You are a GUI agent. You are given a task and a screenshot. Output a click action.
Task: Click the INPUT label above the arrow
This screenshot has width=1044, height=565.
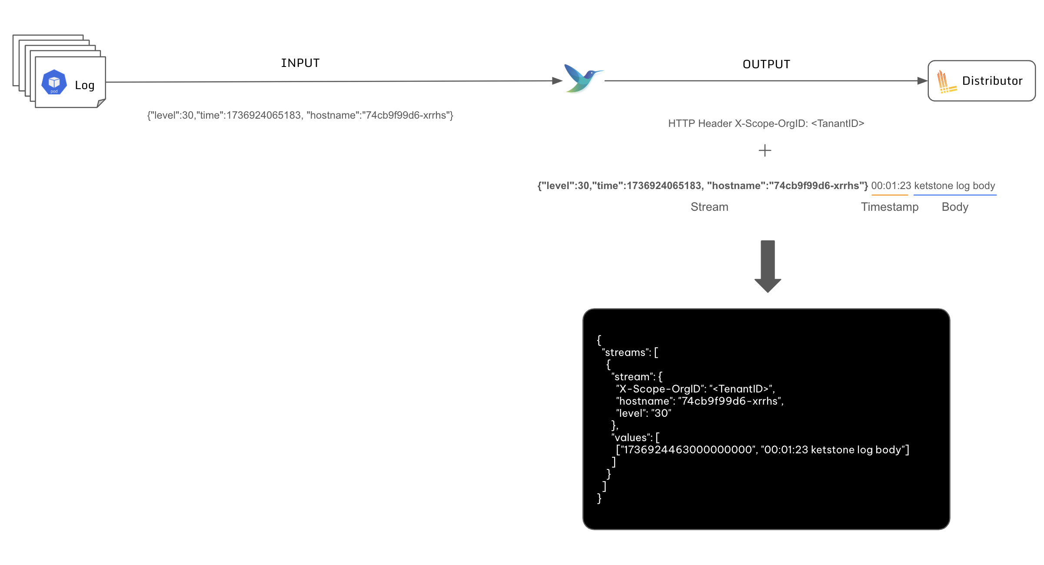pos(300,63)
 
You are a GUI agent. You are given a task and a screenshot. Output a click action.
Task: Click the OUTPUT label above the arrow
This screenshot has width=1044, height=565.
pos(766,64)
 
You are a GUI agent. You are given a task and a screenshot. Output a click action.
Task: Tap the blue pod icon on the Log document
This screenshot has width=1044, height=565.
pos(54,82)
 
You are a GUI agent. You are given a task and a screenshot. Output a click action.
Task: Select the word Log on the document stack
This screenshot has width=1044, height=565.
pos(85,85)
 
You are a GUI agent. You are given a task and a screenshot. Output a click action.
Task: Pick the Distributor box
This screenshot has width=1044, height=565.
pos(981,81)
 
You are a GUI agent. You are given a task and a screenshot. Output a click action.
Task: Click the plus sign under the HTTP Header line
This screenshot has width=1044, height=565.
pos(765,151)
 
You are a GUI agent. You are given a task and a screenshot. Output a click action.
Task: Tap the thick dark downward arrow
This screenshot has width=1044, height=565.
pos(768,266)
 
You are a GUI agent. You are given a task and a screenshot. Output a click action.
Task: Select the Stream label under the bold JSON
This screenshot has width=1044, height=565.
pos(709,207)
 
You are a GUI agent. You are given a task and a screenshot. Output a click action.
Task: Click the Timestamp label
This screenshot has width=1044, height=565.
pos(890,207)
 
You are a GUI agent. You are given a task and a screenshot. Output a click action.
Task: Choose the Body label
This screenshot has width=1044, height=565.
pos(955,207)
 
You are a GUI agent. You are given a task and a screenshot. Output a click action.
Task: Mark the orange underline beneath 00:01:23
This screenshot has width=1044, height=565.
pos(890,195)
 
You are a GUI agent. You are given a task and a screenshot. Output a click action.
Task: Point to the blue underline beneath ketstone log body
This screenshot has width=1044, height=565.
pos(955,195)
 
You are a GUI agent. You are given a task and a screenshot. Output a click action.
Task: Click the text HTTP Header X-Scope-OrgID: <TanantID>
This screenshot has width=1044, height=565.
pos(766,123)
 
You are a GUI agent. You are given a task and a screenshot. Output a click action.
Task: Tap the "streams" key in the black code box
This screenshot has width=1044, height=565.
pos(625,352)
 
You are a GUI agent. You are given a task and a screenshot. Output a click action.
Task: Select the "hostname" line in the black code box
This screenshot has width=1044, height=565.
pos(699,401)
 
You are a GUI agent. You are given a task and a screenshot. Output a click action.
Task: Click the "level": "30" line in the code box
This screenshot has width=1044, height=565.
pos(644,413)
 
